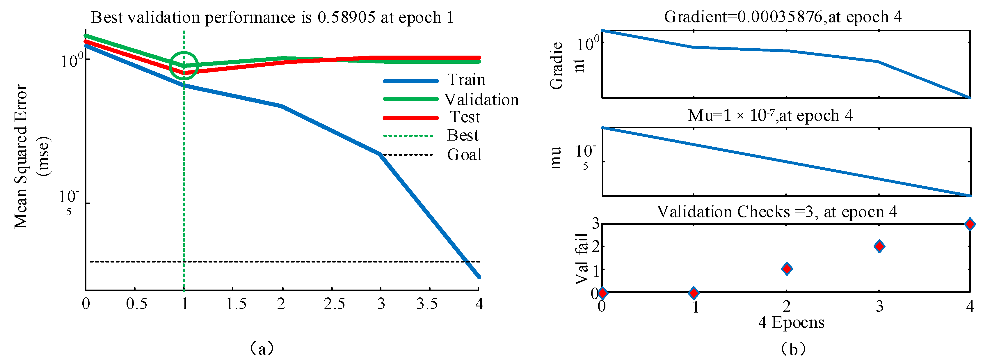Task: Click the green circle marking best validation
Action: tap(184, 66)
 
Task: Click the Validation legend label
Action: tap(481, 100)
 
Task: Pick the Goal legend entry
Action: tap(464, 155)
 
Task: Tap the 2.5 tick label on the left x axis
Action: tap(334, 304)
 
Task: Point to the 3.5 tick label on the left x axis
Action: tap(427, 304)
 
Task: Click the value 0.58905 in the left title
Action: tap(346, 17)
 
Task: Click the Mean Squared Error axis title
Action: tap(21, 157)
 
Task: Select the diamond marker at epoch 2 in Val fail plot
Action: tap(786, 269)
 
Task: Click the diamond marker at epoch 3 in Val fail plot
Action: tap(879, 246)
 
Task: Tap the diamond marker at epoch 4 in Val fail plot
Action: tap(970, 224)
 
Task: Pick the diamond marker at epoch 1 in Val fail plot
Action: tap(694, 293)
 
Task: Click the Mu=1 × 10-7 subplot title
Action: tap(770, 115)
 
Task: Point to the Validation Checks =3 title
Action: tap(776, 212)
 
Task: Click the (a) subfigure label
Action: tap(262, 348)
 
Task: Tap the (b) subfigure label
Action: tap(793, 349)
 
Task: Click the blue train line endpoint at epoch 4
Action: tap(479, 276)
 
